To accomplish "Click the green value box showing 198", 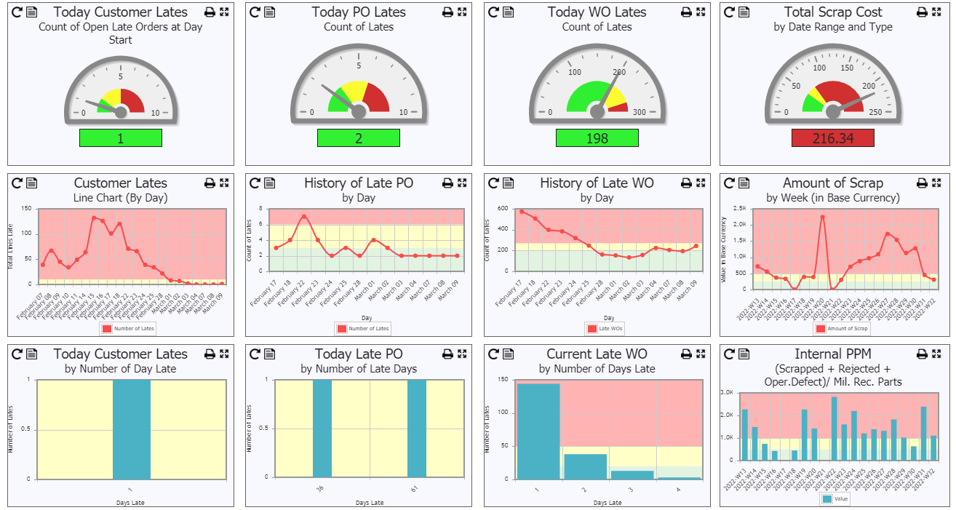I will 597,138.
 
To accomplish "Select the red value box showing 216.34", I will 833,138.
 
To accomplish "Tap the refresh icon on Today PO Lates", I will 255,12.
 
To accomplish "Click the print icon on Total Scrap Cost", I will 922,12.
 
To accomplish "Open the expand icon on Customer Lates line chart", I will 224,183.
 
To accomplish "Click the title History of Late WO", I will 597,183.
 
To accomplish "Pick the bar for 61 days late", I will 416,429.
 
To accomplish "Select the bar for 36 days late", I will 322,429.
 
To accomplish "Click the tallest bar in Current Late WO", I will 538,431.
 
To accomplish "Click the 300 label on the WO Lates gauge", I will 639,113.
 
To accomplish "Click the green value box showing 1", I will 121,138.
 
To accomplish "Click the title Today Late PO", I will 359,354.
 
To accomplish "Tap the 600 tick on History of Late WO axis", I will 501,209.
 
